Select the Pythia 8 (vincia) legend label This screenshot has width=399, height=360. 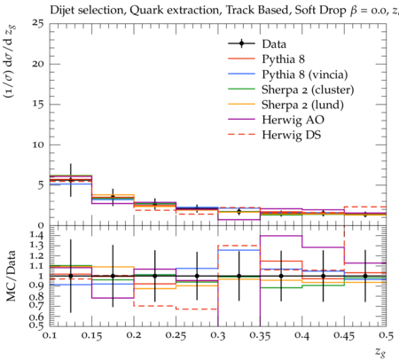tap(305, 74)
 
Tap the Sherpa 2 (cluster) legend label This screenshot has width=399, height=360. tap(308, 90)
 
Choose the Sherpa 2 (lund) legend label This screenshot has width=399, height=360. tap(302, 105)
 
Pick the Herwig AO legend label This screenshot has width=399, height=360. tap(293, 120)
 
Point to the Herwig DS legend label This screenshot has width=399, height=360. tap(292, 135)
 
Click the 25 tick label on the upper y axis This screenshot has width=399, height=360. tap(39, 23)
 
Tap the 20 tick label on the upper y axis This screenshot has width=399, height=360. tap(39, 64)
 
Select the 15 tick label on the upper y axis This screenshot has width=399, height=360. tap(39, 105)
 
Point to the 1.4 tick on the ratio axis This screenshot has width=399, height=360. tap(37, 236)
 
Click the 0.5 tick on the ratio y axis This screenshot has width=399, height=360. tap(37, 325)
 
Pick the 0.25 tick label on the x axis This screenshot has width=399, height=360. tap(176, 335)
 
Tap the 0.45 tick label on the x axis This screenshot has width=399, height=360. tap(344, 335)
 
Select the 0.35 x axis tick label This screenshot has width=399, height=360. tap(260, 335)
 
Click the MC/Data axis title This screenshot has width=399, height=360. tap(12, 276)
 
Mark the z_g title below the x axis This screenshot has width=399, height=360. tap(380, 352)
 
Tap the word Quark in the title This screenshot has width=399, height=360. tap(143, 11)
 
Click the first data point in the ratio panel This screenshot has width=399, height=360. tap(71, 276)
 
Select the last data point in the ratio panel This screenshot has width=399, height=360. tap(365, 276)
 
